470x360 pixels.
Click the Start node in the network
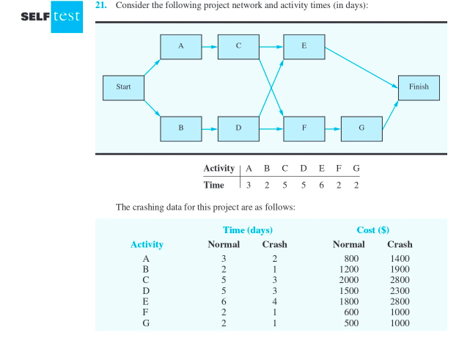coord(123,87)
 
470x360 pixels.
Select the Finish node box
coord(419,87)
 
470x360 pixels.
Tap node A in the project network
coord(180,46)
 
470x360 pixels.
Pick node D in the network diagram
coord(238,128)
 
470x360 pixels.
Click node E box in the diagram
coord(304,46)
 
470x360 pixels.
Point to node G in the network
coord(361,128)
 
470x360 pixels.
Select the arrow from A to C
coord(209,46)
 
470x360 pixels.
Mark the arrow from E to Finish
coord(361,67)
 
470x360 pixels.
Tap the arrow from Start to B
coord(153,108)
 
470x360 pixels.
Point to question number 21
coord(101,6)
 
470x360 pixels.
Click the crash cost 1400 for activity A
coord(400,258)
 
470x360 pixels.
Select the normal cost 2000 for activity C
coord(348,279)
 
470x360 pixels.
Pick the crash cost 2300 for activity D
coord(400,290)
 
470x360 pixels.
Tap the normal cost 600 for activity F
coord(350,312)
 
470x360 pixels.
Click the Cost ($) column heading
coord(372,230)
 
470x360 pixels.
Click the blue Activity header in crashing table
coord(147,244)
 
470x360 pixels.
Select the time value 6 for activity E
coord(322,185)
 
